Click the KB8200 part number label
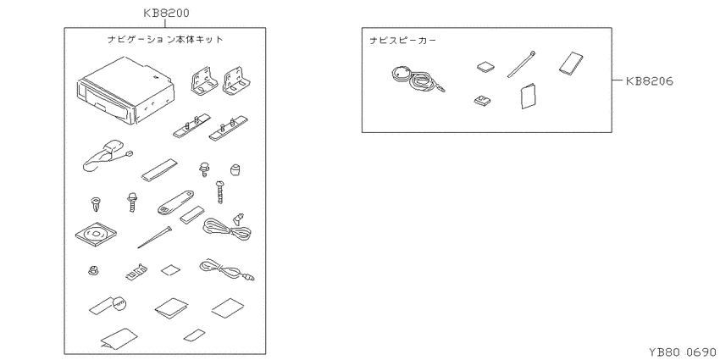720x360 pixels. click(x=166, y=13)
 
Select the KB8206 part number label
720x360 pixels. click(x=650, y=81)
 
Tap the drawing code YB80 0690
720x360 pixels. click(x=683, y=352)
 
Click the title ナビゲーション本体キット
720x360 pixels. click(x=165, y=40)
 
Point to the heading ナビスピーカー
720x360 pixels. click(x=402, y=41)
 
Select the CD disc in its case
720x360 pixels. click(x=96, y=235)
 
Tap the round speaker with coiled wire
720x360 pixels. click(x=417, y=80)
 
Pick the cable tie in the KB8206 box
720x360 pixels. click(x=521, y=64)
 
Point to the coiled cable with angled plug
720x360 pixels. click(x=228, y=228)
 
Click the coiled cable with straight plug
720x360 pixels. click(x=226, y=269)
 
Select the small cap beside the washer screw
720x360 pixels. click(x=235, y=169)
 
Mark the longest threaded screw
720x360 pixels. click(x=220, y=192)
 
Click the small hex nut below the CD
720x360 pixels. click(x=94, y=270)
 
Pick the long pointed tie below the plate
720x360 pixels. click(x=155, y=237)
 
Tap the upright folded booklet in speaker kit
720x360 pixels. click(x=529, y=97)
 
